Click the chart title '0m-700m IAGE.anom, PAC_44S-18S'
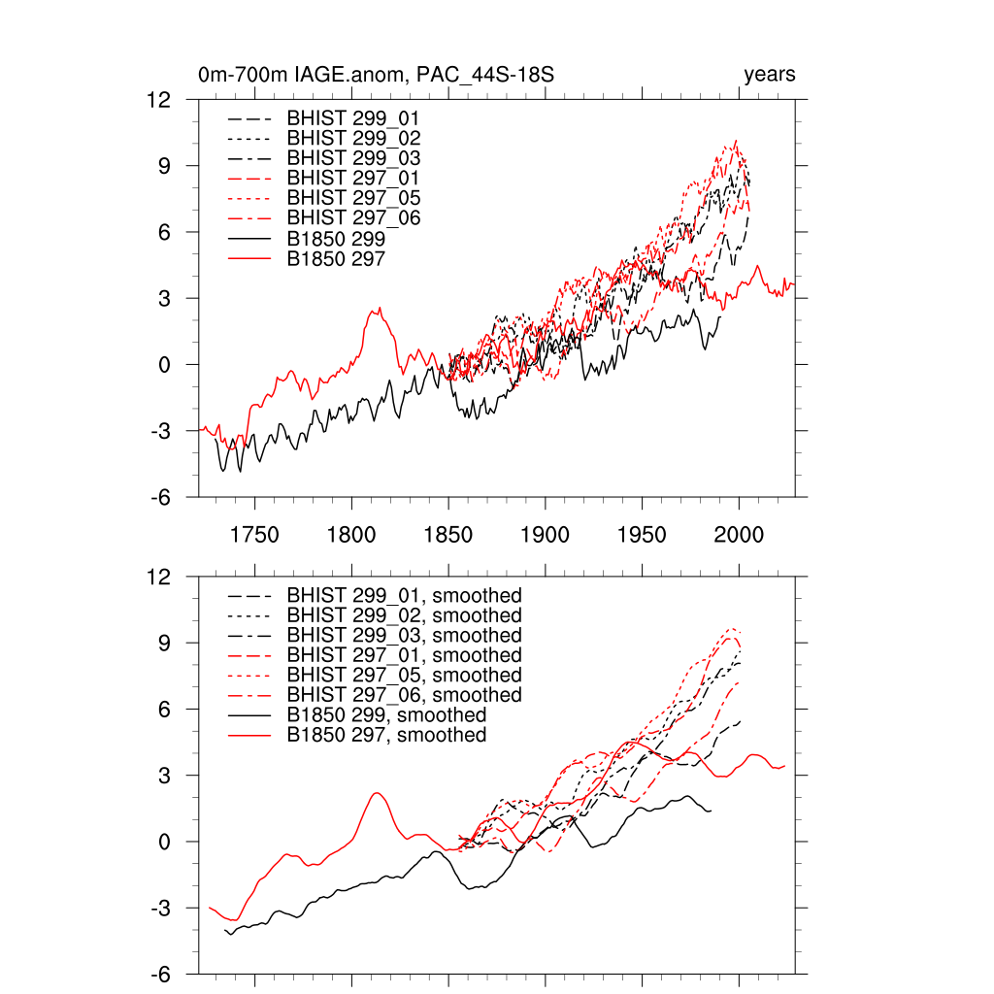[376, 76]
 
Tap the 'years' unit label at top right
[770, 75]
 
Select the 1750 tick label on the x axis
[254, 535]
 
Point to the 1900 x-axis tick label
[545, 535]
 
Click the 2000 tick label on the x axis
[739, 535]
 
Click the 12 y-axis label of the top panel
[159, 100]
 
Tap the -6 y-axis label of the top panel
[159, 497]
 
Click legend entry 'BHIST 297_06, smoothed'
[404, 695]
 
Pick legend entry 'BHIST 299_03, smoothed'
[404, 635]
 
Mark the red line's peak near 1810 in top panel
[380, 309]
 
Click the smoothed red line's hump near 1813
[378, 793]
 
